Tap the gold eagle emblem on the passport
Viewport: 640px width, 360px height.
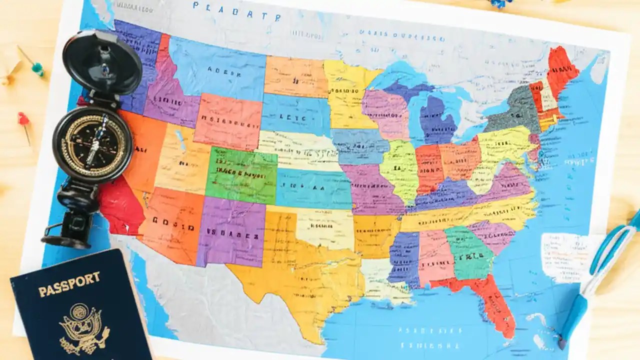pos(83,327)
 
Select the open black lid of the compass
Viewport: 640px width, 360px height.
pos(102,62)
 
